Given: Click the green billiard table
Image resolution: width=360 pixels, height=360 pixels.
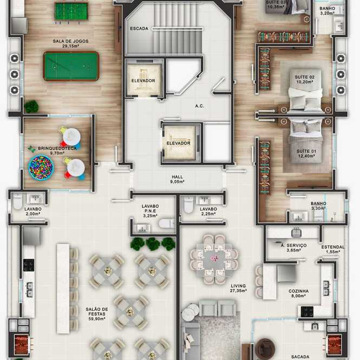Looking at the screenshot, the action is (x=71, y=66).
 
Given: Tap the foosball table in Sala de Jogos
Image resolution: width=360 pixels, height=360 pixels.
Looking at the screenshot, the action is (x=71, y=11).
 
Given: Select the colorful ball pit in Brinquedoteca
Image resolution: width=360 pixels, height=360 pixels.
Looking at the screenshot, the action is (x=41, y=167).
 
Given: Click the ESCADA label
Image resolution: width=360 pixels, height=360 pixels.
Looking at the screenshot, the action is (x=139, y=29).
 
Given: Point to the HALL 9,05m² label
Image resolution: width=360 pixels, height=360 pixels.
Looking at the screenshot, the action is (x=178, y=179).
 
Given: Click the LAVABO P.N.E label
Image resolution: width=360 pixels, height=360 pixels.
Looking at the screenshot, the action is (x=150, y=208).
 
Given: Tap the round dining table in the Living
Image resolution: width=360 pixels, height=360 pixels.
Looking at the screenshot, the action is (x=214, y=259).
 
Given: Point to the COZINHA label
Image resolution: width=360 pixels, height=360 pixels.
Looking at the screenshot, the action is (x=298, y=291).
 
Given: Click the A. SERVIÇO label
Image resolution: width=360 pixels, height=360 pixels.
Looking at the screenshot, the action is (x=293, y=245).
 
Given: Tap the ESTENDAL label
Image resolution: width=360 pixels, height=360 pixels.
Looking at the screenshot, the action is (x=333, y=247).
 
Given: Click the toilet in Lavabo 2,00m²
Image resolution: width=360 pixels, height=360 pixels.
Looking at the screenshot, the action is (x=17, y=201).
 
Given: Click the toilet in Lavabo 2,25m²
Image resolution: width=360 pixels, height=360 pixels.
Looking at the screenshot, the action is (x=189, y=205).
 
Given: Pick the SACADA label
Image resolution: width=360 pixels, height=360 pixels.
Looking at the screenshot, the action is (x=300, y=357).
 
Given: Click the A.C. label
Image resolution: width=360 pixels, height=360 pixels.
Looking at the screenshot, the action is (x=200, y=106).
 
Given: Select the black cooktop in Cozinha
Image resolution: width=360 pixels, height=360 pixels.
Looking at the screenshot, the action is (x=307, y=312).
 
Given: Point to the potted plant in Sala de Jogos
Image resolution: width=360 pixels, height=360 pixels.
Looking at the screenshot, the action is (x=31, y=107).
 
